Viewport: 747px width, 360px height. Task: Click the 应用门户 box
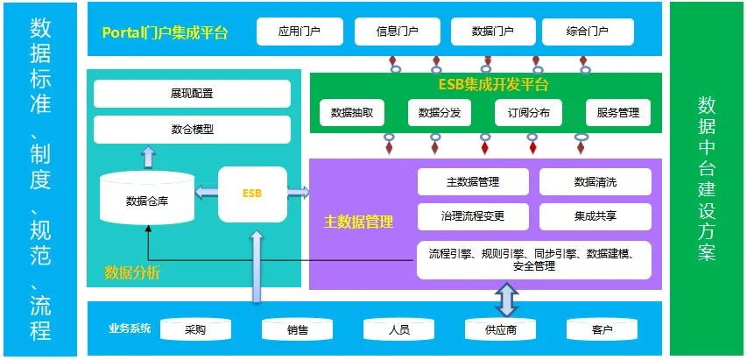point(300,32)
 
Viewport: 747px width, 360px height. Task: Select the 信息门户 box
point(397,32)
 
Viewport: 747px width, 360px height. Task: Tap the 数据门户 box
point(492,32)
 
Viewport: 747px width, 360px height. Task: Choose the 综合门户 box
point(588,32)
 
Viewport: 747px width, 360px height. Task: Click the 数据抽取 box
point(352,113)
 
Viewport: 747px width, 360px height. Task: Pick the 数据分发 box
point(440,113)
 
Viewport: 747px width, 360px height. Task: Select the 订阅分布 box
point(528,113)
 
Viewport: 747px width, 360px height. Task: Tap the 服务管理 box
point(618,113)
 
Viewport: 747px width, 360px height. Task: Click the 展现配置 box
point(192,94)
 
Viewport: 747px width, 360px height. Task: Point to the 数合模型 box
point(192,130)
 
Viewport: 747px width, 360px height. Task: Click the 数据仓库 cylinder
point(147,201)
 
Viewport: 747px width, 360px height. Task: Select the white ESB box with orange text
point(252,193)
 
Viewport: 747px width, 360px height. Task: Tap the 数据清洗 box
point(595,182)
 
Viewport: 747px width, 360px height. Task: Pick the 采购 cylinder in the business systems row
point(195,329)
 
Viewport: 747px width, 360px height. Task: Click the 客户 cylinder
point(602,329)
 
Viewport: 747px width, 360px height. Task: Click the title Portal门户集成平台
point(165,33)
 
